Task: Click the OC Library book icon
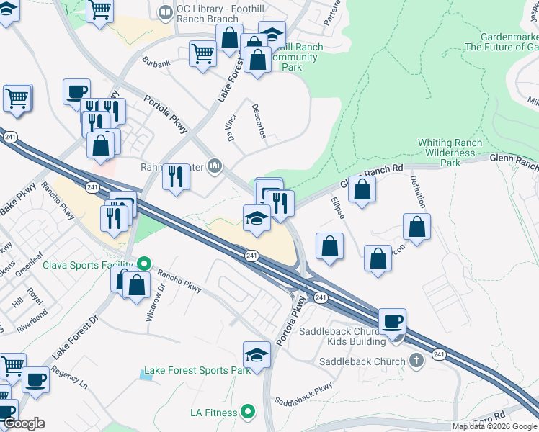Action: (x=166, y=12)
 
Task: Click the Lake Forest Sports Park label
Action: (x=197, y=370)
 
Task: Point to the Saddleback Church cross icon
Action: (x=416, y=361)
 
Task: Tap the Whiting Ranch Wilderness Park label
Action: (x=450, y=153)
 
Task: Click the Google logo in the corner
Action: (x=24, y=423)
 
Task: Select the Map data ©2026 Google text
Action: (x=494, y=426)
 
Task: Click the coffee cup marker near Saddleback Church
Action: (x=392, y=321)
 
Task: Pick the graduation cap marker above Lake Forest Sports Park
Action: (x=257, y=354)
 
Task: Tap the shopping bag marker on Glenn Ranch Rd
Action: (x=363, y=189)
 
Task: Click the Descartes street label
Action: (x=259, y=121)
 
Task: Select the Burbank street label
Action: (x=156, y=63)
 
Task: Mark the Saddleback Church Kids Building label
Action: (x=358, y=336)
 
